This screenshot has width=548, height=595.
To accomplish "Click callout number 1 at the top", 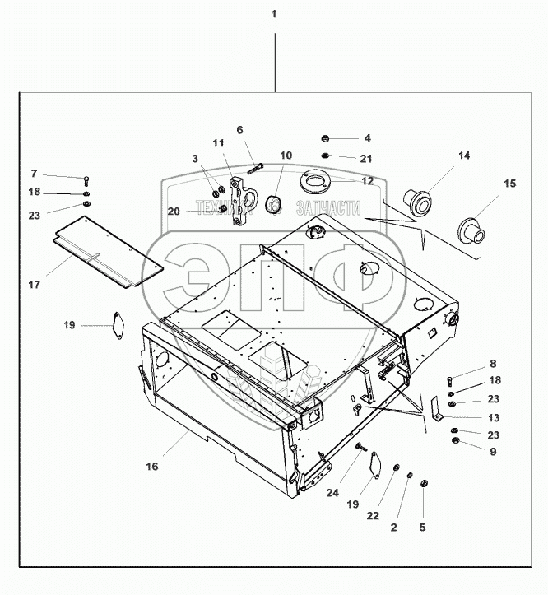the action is tap(273, 15).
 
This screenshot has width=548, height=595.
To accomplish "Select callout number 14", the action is tap(464, 156).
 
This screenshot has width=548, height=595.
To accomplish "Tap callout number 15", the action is tap(509, 184).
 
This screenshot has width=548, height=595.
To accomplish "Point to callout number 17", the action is tap(34, 285).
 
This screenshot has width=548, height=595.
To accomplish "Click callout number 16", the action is tap(151, 467).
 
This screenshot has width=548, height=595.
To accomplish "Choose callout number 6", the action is tap(239, 130).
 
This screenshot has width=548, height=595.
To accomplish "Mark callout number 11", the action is tap(218, 143).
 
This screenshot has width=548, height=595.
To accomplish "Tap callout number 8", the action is tap(493, 363).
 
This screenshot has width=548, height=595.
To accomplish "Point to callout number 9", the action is tap(493, 451).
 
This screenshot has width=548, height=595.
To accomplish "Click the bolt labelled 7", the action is tap(86, 180).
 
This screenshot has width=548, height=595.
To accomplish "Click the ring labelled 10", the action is tap(272, 202).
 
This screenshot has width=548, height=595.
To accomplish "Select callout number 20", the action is tap(173, 212).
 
